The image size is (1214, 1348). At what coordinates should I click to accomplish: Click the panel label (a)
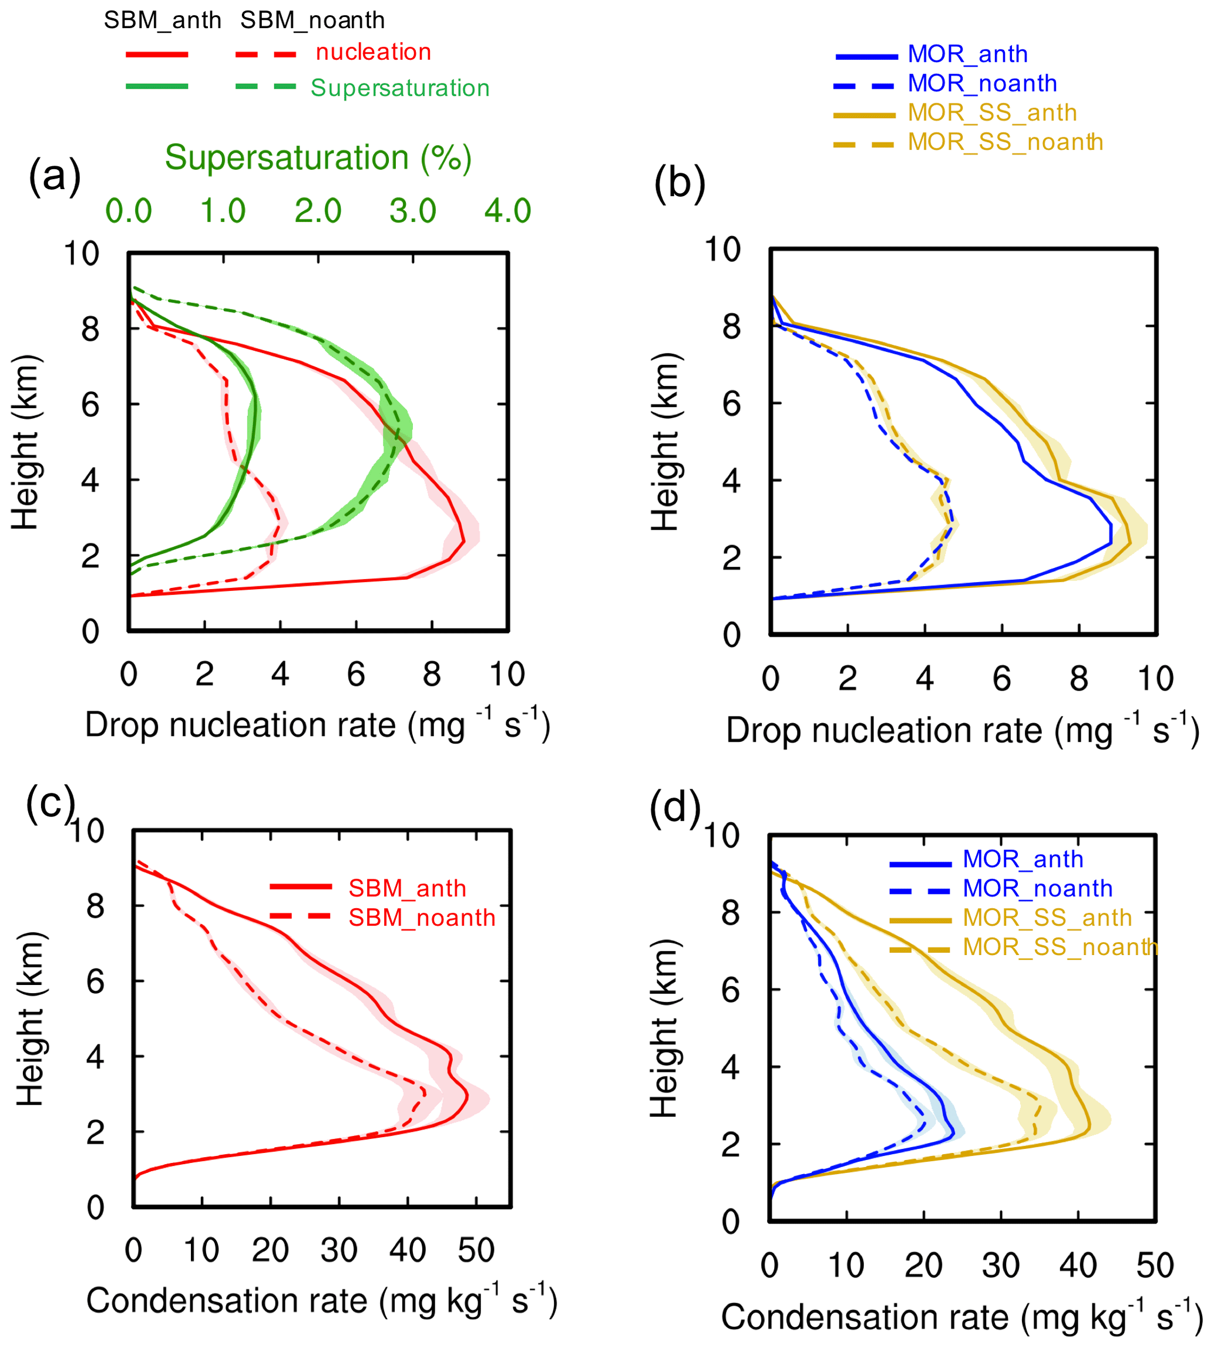[x=55, y=177]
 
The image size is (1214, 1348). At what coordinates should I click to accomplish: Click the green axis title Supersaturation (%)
[x=318, y=159]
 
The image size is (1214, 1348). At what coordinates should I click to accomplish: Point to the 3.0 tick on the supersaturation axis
[x=412, y=211]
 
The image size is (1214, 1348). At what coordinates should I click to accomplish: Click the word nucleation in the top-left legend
[x=373, y=52]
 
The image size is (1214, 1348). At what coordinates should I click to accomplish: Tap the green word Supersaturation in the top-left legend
[x=399, y=88]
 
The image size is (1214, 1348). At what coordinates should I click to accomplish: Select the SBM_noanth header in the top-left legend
[x=312, y=21]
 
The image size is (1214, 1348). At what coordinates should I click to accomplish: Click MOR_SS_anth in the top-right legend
[x=992, y=113]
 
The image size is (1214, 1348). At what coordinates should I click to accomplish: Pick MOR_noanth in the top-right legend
[x=982, y=83]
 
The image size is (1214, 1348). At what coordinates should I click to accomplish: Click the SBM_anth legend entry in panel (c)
[x=407, y=889]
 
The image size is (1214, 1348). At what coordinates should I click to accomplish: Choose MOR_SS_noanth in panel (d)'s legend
[x=1060, y=947]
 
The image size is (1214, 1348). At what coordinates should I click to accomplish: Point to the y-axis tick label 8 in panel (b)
[x=732, y=327]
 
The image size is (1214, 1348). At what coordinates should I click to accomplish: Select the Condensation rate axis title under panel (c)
[x=321, y=1300]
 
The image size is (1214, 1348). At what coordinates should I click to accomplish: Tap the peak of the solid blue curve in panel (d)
[x=954, y=1131]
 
